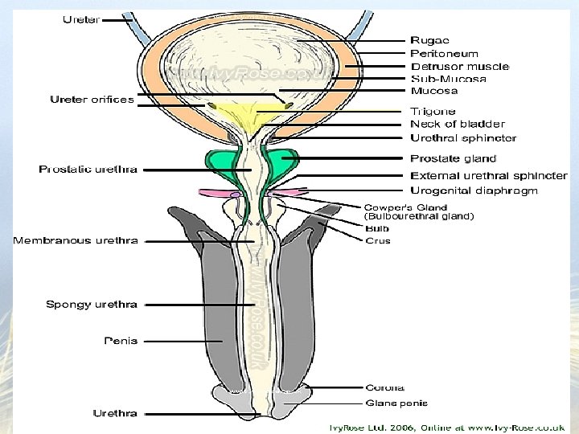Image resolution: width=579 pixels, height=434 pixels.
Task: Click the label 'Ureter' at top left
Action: click(80, 19)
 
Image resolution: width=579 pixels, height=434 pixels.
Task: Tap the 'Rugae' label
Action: click(429, 40)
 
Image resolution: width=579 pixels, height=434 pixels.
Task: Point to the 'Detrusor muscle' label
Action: click(460, 66)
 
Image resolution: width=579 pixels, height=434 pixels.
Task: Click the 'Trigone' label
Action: click(433, 111)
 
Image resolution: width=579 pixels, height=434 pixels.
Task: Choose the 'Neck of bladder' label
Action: click(458, 124)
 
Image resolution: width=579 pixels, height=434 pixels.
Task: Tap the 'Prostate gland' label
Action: click(454, 158)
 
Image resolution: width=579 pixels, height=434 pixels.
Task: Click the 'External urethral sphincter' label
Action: click(489, 175)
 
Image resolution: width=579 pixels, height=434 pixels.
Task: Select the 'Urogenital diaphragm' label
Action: click(474, 190)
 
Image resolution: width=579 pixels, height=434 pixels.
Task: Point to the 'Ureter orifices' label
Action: click(92, 100)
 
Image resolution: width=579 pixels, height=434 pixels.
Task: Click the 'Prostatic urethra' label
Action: click(88, 170)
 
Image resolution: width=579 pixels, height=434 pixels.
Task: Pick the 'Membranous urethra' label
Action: click(75, 240)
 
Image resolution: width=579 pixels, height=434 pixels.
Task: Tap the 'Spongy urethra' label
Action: click(92, 305)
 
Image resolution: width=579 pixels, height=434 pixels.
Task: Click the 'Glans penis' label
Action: click(396, 403)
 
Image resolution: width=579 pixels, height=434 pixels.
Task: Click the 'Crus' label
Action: click(377, 240)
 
